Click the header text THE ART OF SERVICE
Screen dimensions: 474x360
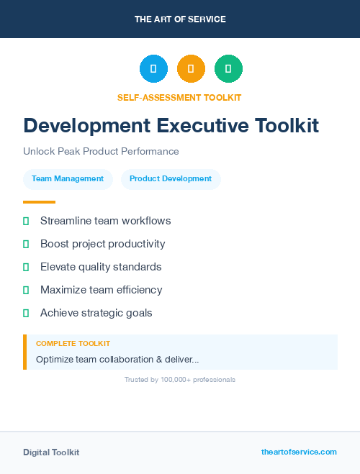pos(180,19)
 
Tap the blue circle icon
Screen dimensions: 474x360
pos(153,69)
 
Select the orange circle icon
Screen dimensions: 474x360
pos(191,69)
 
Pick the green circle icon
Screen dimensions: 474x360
pos(228,69)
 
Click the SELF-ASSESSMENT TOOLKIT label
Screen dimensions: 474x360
pos(179,97)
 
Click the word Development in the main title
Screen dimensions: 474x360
pos(87,126)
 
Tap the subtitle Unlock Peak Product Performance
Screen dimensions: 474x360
pos(101,152)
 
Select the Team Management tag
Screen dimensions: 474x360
pos(68,179)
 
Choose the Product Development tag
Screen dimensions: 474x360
pos(171,179)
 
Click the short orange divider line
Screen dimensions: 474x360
pos(39,202)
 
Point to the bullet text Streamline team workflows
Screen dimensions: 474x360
pos(105,221)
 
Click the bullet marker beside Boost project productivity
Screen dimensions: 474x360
pos(26,245)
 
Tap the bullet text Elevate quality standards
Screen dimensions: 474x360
pos(101,267)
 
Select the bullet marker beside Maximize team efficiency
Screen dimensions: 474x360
pos(26,291)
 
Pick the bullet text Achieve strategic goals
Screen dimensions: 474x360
pos(96,313)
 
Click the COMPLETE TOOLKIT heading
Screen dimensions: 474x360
pos(73,344)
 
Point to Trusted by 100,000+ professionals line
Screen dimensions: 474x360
pos(180,380)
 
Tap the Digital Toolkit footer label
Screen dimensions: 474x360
pos(51,452)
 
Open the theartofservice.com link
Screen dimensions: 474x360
pos(299,452)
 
